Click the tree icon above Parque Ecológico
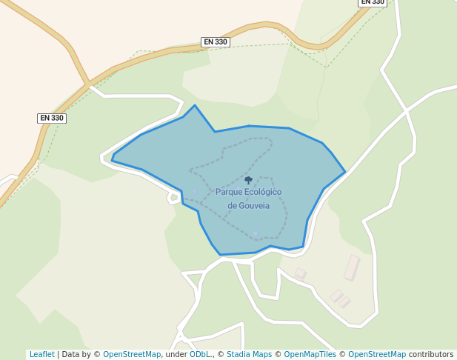point(248,180)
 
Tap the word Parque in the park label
point(229,192)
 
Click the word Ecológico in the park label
point(263,192)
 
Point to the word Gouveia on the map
point(253,205)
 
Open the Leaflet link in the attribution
point(41,354)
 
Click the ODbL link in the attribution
point(199,354)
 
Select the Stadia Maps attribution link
point(249,354)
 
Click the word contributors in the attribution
point(430,354)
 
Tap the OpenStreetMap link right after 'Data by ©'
point(132,354)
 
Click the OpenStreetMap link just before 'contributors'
point(376,354)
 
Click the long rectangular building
point(351,267)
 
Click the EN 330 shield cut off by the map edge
point(373,2)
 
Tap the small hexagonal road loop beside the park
point(174,197)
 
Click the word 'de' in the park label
point(232,205)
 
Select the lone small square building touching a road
point(300,273)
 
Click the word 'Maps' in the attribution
point(261,354)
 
